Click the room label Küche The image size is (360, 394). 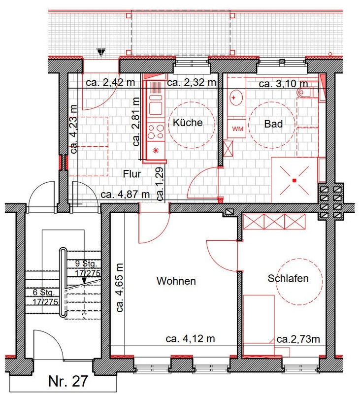click(x=188, y=123)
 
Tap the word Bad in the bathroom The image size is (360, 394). click(x=273, y=124)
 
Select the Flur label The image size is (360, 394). click(x=132, y=174)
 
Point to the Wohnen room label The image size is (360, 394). click(x=176, y=281)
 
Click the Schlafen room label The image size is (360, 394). click(x=288, y=278)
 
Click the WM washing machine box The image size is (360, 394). click(x=237, y=129)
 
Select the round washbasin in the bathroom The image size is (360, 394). click(x=236, y=98)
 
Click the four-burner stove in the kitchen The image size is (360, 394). click(x=156, y=131)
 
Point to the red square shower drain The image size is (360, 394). click(x=294, y=180)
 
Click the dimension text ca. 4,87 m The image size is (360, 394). click(x=125, y=195)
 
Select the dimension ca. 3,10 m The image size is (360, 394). click(x=283, y=83)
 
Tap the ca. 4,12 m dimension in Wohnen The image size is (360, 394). click(x=190, y=339)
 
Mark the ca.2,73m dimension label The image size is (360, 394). click(x=298, y=339)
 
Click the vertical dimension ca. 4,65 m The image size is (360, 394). click(x=120, y=288)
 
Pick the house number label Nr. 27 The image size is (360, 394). click(x=68, y=381)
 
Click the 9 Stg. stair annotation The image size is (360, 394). click(x=86, y=263)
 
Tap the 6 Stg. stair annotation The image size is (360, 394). click(x=44, y=293)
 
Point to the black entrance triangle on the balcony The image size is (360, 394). click(x=101, y=52)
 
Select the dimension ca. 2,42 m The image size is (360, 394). click(x=110, y=82)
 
